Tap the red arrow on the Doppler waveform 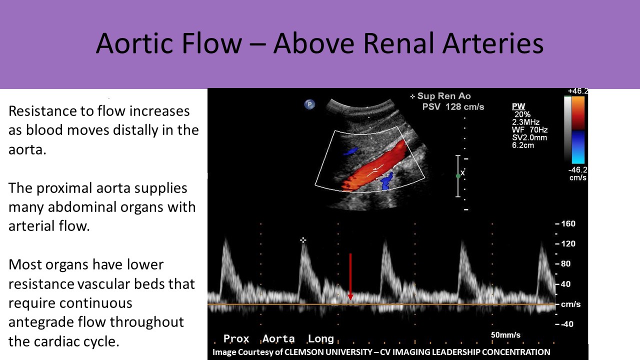(350, 276)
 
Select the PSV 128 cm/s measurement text (453, 107)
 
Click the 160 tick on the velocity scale (568, 223)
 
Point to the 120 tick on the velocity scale (568, 243)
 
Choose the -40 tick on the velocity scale (567, 324)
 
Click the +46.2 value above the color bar (577, 91)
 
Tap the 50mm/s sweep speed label (505, 335)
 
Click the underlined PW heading (518, 106)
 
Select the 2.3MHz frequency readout (525, 122)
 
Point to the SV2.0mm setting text (529, 137)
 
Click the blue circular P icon (309, 104)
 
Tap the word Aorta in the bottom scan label (278, 338)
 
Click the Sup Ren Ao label (444, 96)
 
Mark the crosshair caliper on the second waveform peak (303, 240)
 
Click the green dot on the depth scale (458, 176)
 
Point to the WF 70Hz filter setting (529, 130)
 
